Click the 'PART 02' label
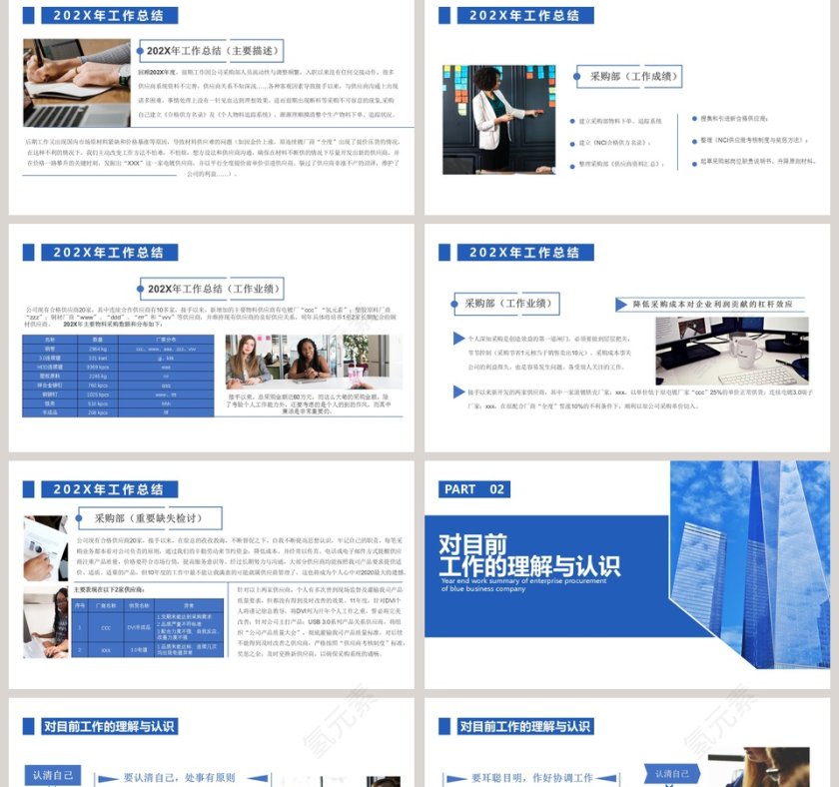coord(474,489)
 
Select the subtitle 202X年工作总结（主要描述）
coord(214,51)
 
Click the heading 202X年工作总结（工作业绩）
coord(214,289)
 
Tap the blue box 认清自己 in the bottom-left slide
coord(52,775)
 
